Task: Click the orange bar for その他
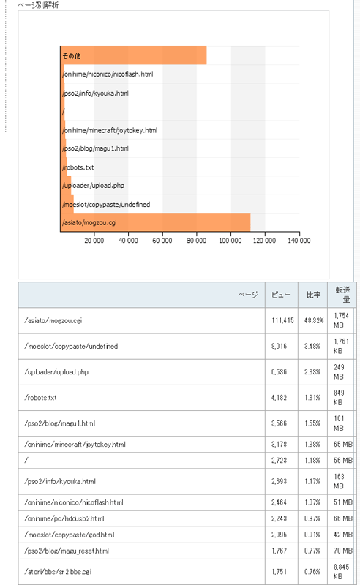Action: click(x=134, y=56)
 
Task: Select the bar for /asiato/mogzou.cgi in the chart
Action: click(x=155, y=222)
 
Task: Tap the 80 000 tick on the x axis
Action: click(x=196, y=241)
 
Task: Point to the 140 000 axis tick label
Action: click(x=299, y=241)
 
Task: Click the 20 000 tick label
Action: click(x=94, y=241)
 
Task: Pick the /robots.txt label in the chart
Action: click(x=78, y=167)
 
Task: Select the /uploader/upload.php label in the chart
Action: click(x=94, y=186)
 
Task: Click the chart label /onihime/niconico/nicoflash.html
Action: click(x=108, y=75)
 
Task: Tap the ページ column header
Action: click(x=248, y=295)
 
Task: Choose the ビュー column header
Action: click(x=281, y=295)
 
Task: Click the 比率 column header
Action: click(x=313, y=295)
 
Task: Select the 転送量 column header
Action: click(x=343, y=295)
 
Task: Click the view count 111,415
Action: click(x=282, y=320)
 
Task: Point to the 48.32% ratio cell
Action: click(x=314, y=320)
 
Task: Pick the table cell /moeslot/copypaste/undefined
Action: click(x=71, y=346)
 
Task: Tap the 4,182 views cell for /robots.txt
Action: click(x=279, y=398)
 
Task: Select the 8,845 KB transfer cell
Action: click(x=341, y=572)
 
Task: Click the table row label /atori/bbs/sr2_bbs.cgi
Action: click(x=58, y=572)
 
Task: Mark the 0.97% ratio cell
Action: click(x=312, y=518)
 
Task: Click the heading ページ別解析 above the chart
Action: click(x=38, y=5)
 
